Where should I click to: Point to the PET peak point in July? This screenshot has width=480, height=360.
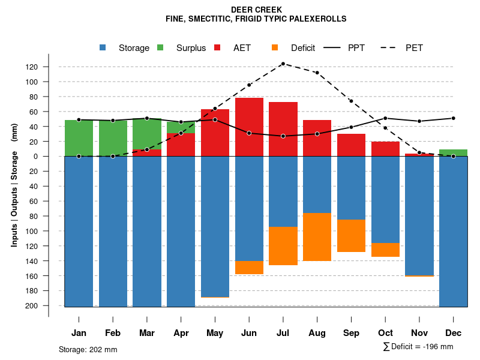tap(283, 64)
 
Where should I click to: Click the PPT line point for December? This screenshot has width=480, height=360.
tap(453, 118)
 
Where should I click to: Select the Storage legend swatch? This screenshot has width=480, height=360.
tap(103, 48)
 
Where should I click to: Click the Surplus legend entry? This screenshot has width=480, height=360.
tap(191, 48)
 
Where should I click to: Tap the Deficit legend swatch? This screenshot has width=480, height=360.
tap(275, 48)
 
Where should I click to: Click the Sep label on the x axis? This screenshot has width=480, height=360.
tap(351, 333)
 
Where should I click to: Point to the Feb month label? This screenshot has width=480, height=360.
tap(113, 333)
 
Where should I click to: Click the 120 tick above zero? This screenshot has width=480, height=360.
tap(49, 67)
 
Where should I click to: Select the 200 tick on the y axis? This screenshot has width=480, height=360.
tap(49, 306)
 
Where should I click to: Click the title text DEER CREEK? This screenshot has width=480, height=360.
tap(256, 10)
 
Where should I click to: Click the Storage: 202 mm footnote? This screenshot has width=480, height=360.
tap(88, 349)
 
